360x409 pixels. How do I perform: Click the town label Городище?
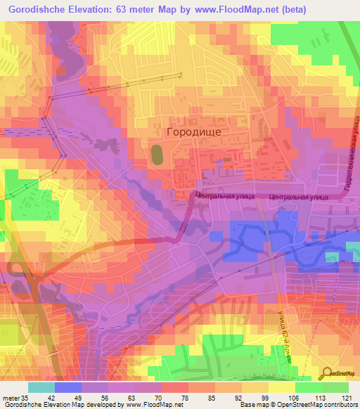point(193,131)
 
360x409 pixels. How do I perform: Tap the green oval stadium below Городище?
point(157,155)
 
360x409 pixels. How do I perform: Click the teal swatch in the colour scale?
point(41,387)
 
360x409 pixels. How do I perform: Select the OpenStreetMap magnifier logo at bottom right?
point(340,375)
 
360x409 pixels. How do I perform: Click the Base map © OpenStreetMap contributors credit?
point(298,405)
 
